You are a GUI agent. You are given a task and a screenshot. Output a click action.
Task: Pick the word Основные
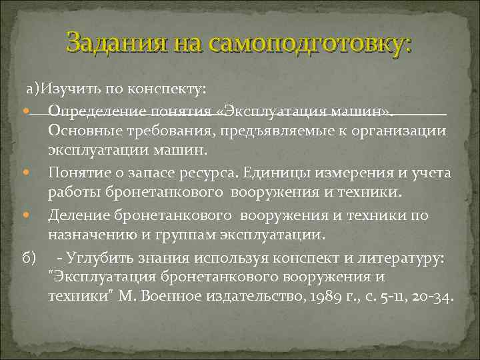click(x=79, y=130)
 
